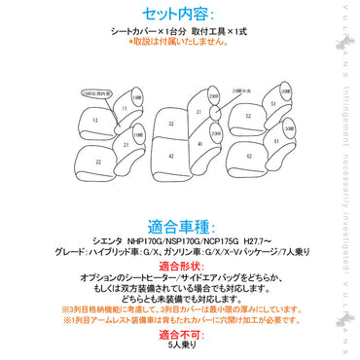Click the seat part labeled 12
click(x=96, y=119)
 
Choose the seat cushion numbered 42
click(x=169, y=155)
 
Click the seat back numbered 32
click(x=169, y=124)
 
